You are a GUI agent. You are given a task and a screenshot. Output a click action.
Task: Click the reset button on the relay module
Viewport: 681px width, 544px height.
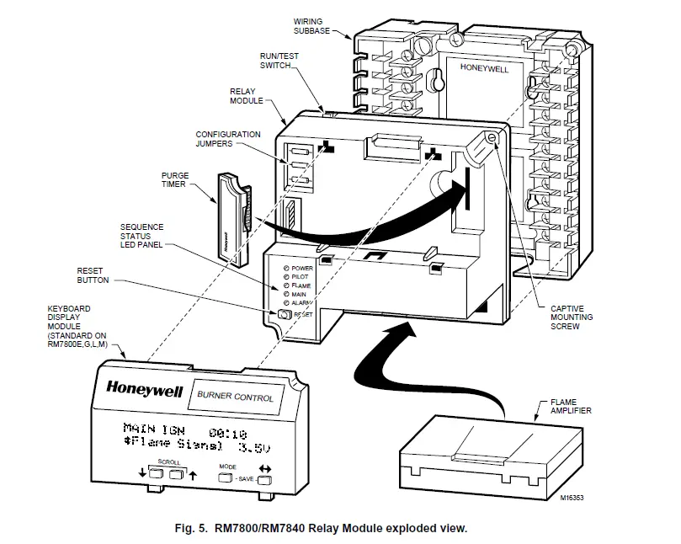(283, 314)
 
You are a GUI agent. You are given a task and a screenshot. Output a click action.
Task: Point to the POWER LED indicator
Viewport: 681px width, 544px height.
(287, 268)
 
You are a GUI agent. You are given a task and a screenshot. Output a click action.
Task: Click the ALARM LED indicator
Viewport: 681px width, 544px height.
(287, 301)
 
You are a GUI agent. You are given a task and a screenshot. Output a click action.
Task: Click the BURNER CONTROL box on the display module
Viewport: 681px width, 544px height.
(236, 397)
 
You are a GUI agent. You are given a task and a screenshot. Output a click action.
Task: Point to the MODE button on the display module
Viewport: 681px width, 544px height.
(226, 477)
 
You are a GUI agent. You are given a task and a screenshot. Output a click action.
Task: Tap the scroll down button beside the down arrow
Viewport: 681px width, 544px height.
(156, 475)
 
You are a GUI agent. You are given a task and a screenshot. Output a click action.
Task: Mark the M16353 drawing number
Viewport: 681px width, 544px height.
(570, 498)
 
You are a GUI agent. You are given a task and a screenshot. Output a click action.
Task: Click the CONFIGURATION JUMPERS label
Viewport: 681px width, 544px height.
(227, 139)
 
